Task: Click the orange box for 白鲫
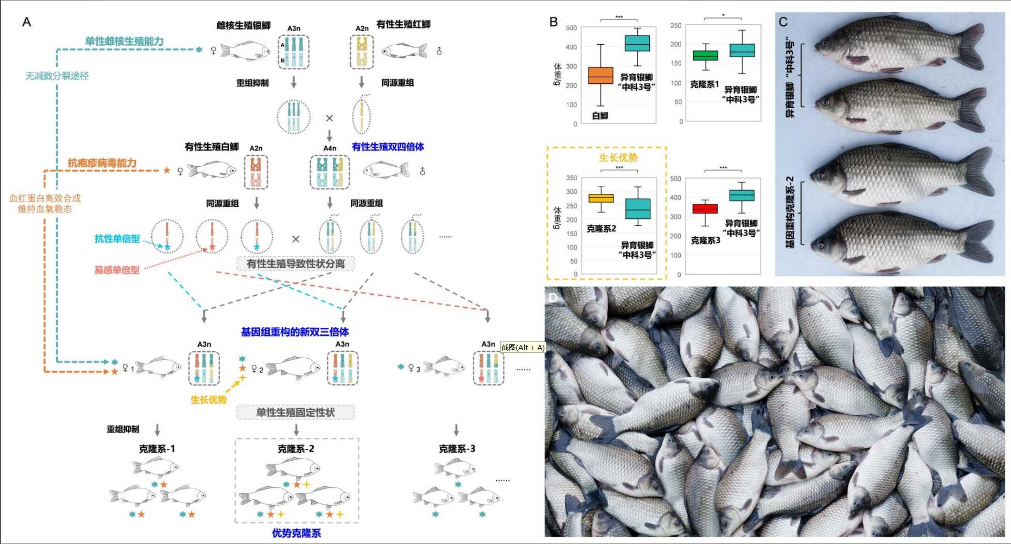coord(601,76)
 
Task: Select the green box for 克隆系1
coord(705,55)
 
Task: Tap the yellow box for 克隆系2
coord(601,198)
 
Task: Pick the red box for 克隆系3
coord(705,209)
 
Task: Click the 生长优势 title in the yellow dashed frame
coord(618,158)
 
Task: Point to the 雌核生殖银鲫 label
coord(244,25)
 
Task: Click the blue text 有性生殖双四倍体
coord(388,147)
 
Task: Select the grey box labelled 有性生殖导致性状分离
coord(296,263)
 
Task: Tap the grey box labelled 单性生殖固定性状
coord(296,412)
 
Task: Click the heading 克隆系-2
coord(296,449)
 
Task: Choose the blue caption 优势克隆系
coord(296,533)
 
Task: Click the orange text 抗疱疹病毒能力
coord(102,163)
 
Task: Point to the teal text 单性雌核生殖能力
coord(124,41)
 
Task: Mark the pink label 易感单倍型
coord(117,270)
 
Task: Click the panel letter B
coord(553,22)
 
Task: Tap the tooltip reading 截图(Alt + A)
coord(522,347)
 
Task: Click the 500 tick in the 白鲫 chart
coord(572,28)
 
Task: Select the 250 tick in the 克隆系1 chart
coord(676,25)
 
